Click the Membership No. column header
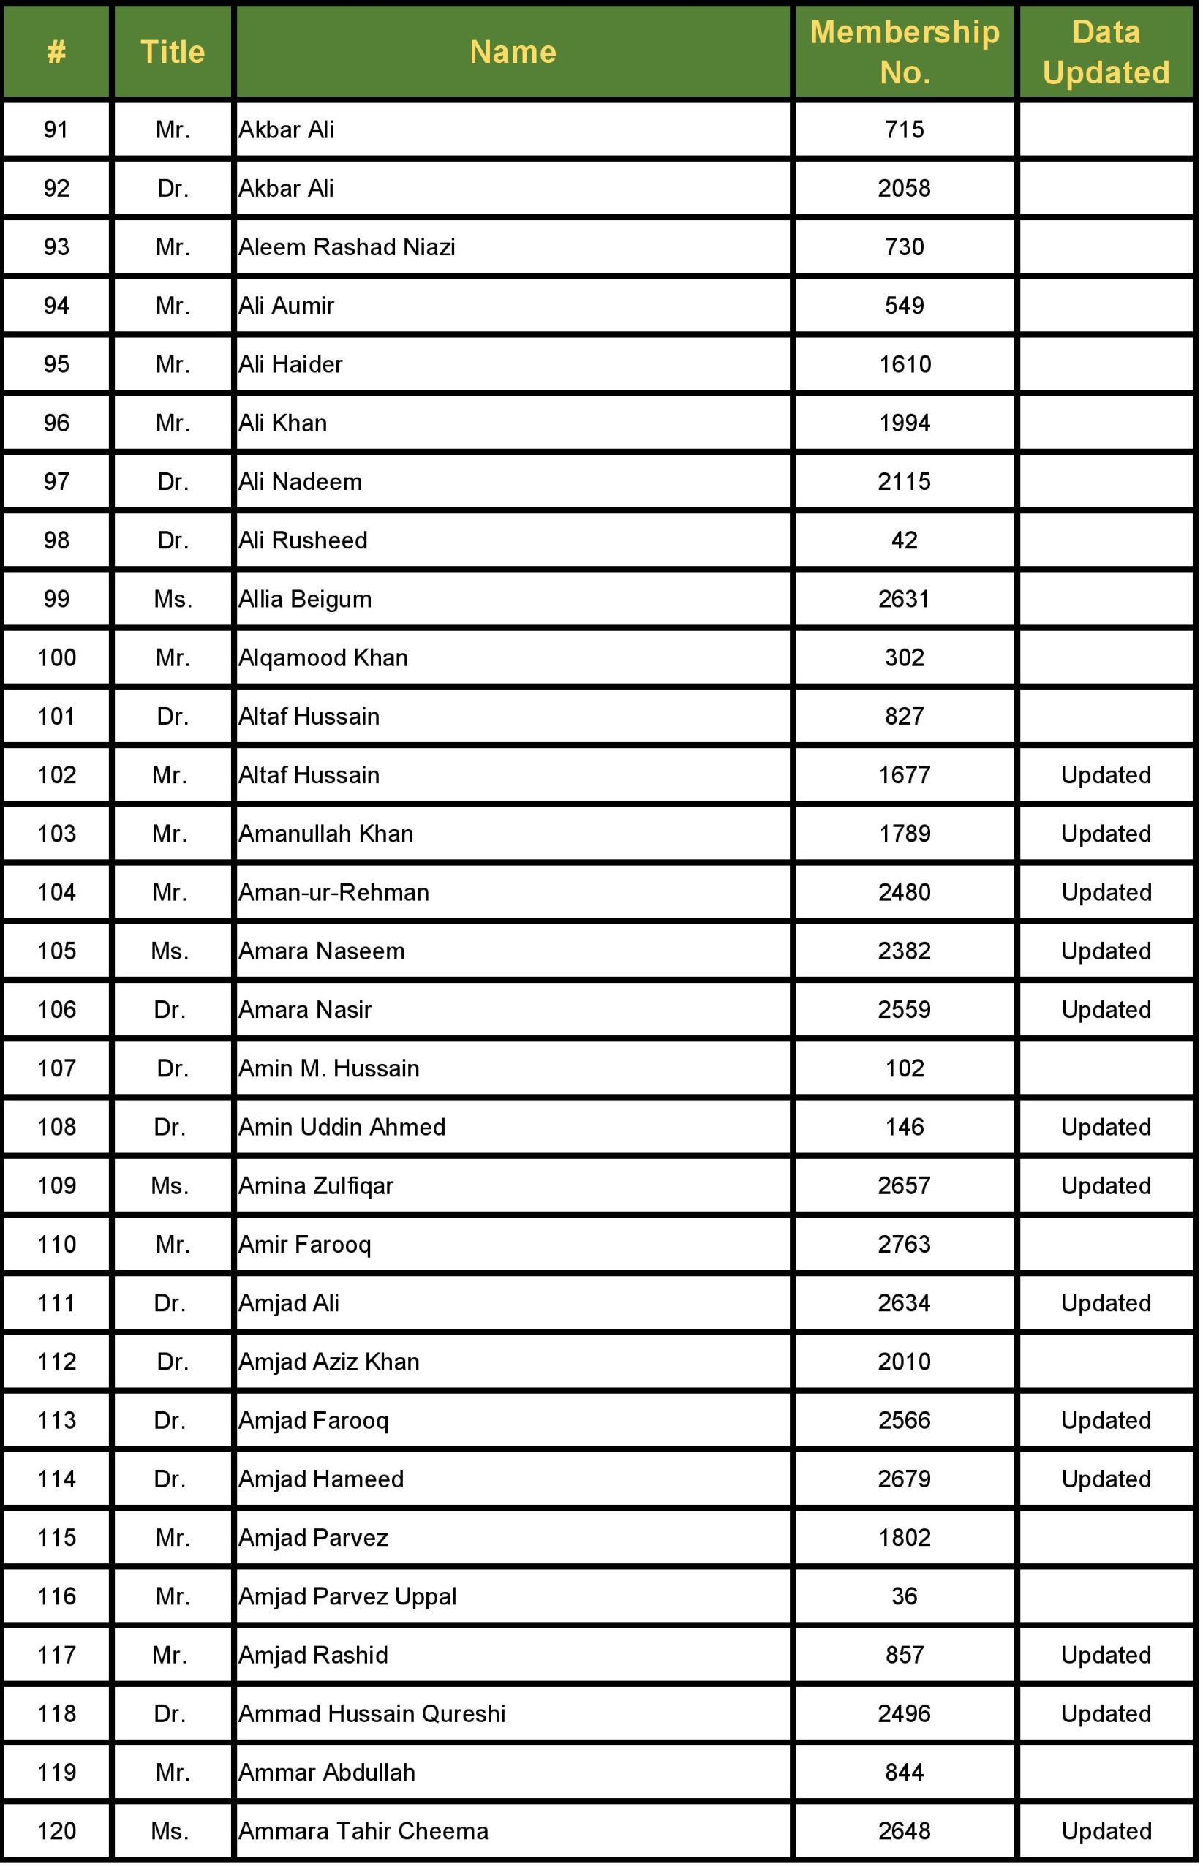(905, 53)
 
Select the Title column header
(173, 53)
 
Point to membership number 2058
(905, 188)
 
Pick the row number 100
(57, 657)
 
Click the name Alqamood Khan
(323, 657)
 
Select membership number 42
(905, 540)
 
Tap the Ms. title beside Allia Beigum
(173, 599)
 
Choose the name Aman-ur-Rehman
(333, 893)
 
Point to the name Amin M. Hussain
(329, 1068)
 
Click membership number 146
(905, 1127)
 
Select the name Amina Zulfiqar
(316, 1185)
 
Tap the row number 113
(57, 1420)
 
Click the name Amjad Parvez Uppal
(347, 1596)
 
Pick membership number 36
(905, 1596)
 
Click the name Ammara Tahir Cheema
(363, 1830)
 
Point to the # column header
(56, 53)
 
